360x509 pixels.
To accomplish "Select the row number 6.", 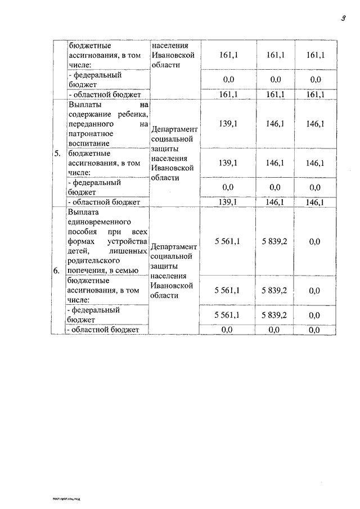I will pos(57,271).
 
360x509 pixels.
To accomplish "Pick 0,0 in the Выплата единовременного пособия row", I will pos(314,241).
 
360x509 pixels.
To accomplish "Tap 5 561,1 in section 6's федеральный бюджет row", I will pos(228,315).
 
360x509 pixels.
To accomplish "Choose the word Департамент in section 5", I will pos(174,129).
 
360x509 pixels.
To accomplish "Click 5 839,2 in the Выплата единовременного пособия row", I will pos(274,241).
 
